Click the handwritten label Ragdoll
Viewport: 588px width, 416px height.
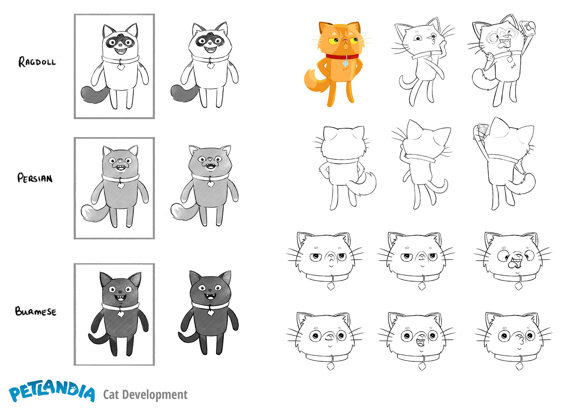37,62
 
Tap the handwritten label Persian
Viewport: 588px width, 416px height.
35,178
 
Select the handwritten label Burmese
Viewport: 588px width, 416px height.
36,311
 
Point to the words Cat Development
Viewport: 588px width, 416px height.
145,395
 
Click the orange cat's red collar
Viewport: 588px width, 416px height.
342,57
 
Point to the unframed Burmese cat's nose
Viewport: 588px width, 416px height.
210,290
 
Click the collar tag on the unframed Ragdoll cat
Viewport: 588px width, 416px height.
210,65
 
